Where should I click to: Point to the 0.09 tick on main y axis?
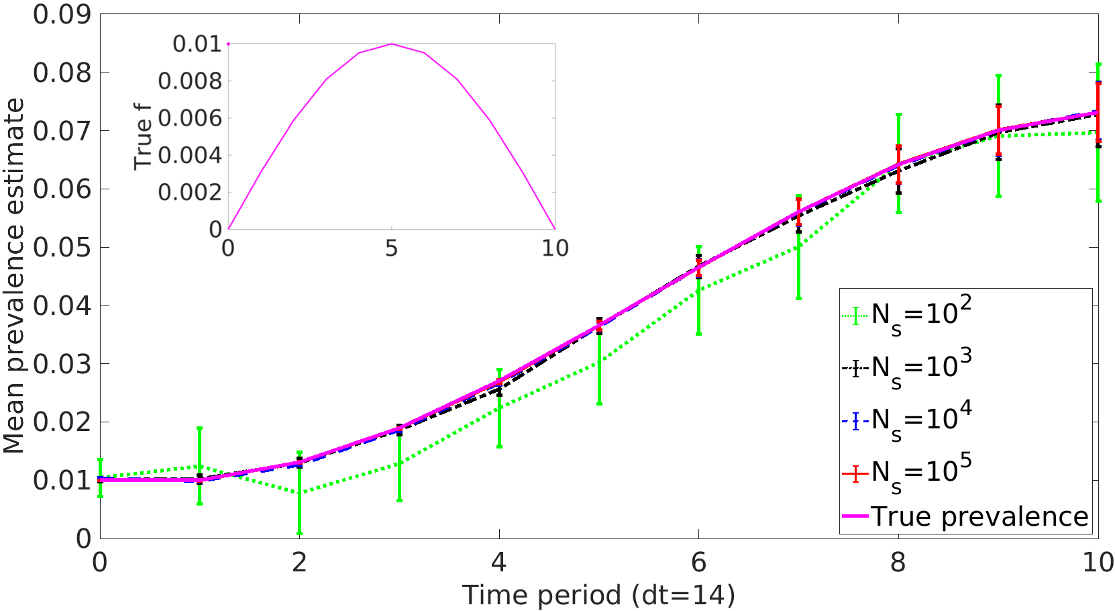click(62, 14)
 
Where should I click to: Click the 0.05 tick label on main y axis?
click(62, 247)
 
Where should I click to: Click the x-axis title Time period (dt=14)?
click(598, 595)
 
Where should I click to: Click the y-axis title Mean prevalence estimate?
click(13, 275)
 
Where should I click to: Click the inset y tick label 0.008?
click(189, 81)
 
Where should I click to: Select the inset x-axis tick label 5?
click(391, 248)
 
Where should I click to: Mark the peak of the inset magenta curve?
click(391, 44)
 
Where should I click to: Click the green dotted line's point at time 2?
click(299, 493)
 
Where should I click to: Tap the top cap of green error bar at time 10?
click(1098, 64)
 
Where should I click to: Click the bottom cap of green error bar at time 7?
click(798, 298)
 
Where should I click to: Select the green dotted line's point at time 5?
click(599, 363)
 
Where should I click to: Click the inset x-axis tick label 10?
click(554, 248)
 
